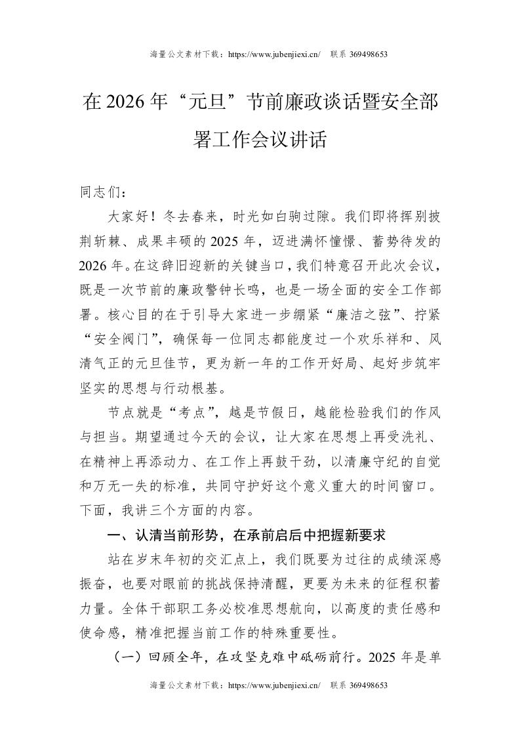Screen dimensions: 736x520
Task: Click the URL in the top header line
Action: click(273, 54)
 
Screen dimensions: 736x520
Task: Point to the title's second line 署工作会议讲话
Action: click(260, 140)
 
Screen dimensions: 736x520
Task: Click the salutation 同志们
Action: click(99, 194)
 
